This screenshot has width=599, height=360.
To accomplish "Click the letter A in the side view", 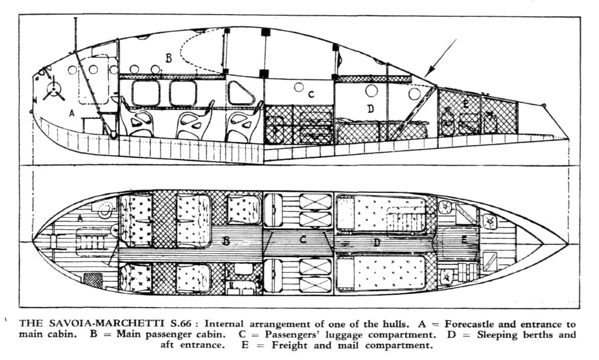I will tap(72, 113).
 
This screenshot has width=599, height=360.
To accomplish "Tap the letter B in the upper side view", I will tap(168, 58).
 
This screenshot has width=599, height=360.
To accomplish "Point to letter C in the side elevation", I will tap(311, 94).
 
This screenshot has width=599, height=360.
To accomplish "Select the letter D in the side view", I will tap(371, 109).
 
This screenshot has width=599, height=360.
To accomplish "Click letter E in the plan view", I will tap(464, 239).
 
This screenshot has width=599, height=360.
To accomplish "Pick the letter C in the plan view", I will tap(303, 239).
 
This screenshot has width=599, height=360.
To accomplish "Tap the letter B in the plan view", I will tap(226, 241).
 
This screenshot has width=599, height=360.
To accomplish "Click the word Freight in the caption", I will tap(289, 345).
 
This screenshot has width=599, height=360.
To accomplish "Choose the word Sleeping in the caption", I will tap(501, 334).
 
